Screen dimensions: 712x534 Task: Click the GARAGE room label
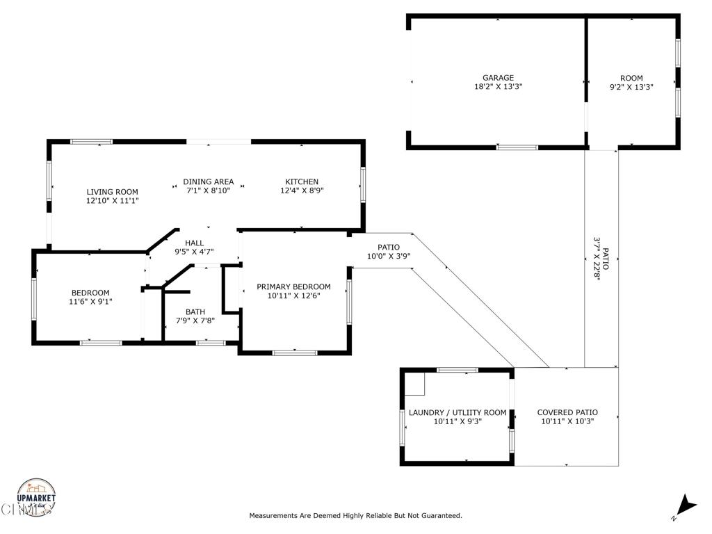tap(498, 78)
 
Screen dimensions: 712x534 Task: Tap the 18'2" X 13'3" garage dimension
tap(498, 86)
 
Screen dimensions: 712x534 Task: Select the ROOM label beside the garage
tap(631, 78)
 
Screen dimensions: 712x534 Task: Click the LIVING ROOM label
tap(112, 192)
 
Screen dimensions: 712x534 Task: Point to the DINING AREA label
tap(209, 181)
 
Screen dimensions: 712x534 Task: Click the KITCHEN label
tap(302, 181)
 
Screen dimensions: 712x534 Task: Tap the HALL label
tap(195, 243)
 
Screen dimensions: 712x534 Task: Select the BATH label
tap(195, 312)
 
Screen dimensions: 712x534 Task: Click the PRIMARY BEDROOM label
tap(293, 286)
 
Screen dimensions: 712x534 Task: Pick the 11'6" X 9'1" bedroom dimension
tap(90, 302)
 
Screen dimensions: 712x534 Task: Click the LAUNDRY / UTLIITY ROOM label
tap(458, 412)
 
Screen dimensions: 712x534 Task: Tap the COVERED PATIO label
tap(567, 412)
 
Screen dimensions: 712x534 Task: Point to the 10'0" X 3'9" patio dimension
tap(389, 256)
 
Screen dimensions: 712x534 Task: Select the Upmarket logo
tap(36, 497)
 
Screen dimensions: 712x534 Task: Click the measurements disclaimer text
tap(355, 515)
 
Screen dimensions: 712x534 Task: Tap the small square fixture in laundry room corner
tap(414, 384)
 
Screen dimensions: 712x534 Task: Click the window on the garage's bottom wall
tap(517, 147)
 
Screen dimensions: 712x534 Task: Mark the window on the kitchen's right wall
tap(363, 184)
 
